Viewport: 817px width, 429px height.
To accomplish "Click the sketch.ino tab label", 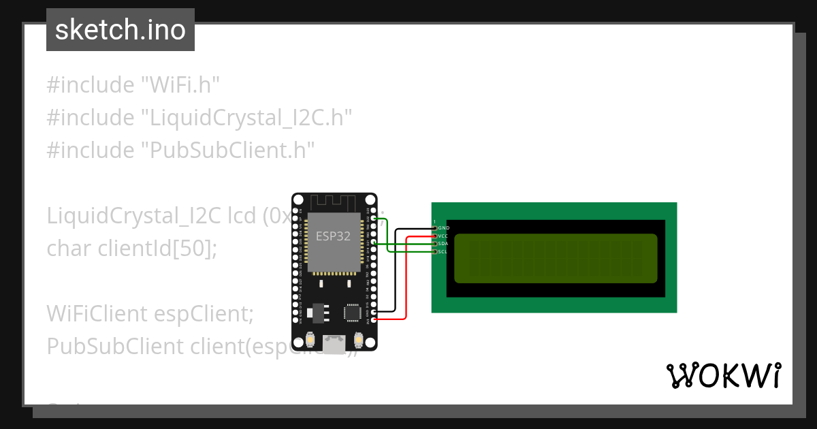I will pyautogui.click(x=121, y=30).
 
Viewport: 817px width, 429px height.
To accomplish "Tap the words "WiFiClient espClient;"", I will pyautogui.click(x=150, y=314).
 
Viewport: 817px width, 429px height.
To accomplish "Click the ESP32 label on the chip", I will pyautogui.click(x=334, y=236).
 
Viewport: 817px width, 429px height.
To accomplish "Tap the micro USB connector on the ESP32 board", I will pyautogui.click(x=334, y=345).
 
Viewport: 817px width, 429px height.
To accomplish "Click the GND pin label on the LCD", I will pyautogui.click(x=443, y=227).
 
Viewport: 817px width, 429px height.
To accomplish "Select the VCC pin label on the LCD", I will pyautogui.click(x=443, y=236).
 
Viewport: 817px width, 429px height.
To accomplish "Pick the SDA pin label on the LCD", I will pyautogui.click(x=443, y=244).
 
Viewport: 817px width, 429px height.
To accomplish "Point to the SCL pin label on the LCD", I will pyautogui.click(x=443, y=252).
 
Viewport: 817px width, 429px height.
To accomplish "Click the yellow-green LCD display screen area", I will pyautogui.click(x=556, y=258).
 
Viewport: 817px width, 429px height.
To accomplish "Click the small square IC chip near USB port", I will pyautogui.click(x=352, y=313).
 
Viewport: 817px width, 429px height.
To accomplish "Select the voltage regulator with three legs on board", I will pyautogui.click(x=317, y=312).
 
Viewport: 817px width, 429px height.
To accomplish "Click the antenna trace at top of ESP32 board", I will pyautogui.click(x=334, y=202).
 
